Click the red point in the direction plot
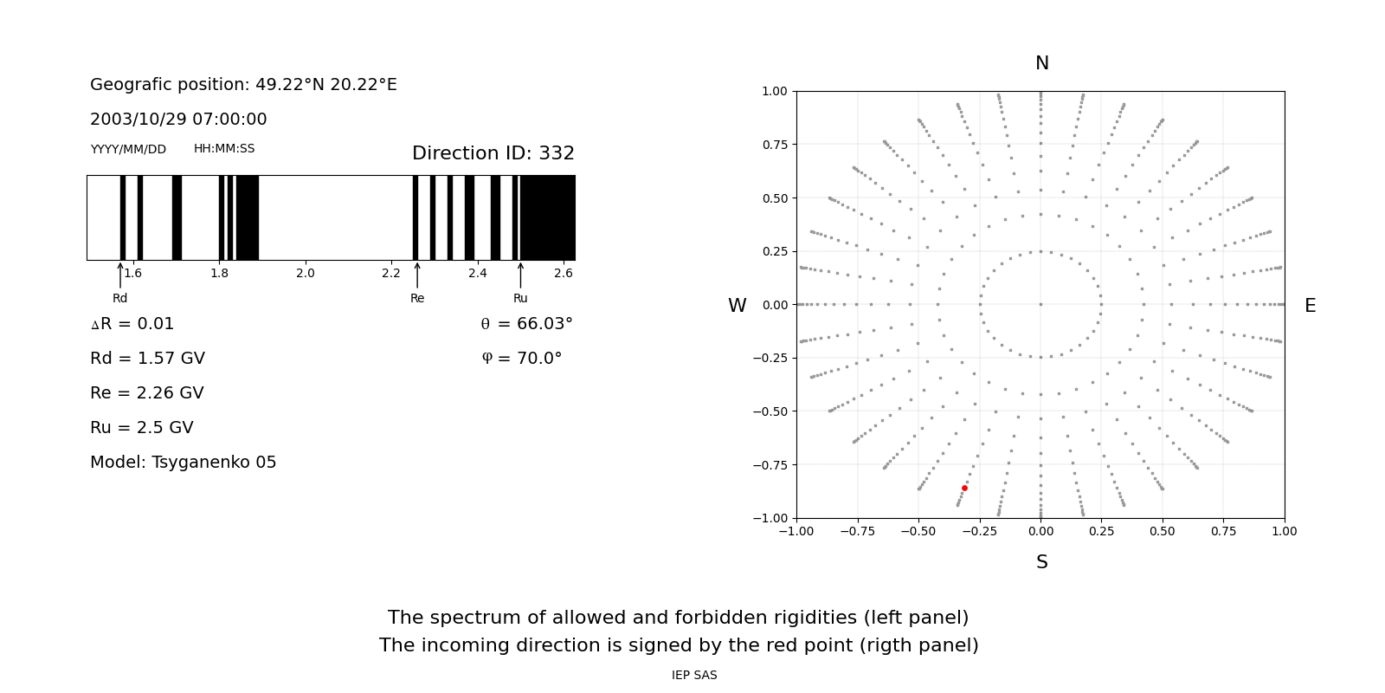964,488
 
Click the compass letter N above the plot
1041,63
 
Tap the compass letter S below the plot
1041,562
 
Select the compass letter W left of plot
737,306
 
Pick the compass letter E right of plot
1310,306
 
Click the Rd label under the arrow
119,298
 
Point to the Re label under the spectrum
417,298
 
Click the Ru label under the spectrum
520,298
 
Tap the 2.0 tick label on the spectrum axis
305,273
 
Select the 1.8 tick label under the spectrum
219,273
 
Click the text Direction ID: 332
493,153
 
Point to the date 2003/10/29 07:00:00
178,120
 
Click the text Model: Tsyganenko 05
184,463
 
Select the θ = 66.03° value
526,324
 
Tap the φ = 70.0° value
522,359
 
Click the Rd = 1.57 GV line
147,359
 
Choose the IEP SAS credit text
694,675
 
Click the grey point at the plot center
1040,304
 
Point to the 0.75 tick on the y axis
774,145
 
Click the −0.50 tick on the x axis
918,531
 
